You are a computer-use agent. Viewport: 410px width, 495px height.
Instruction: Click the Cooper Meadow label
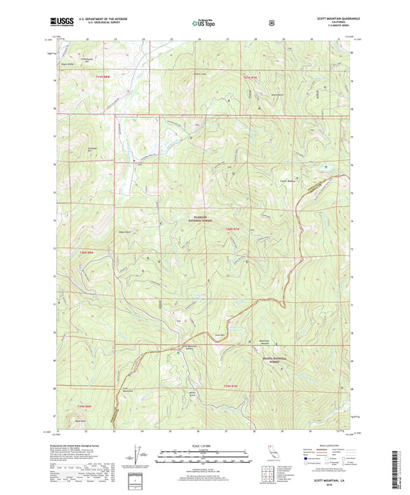(310, 181)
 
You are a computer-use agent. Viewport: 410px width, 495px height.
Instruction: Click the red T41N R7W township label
(248, 78)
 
